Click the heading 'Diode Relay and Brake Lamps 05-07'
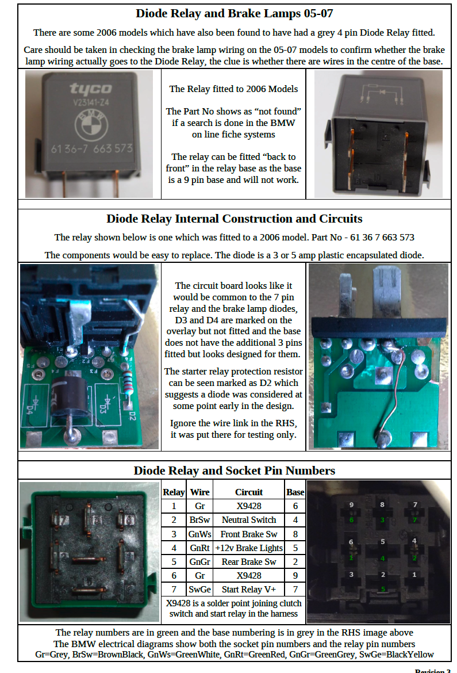[x=234, y=13]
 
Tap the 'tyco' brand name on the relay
[x=91, y=89]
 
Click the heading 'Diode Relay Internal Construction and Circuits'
[x=234, y=219]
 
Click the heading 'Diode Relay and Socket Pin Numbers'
[x=234, y=470]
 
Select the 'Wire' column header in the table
[x=199, y=492]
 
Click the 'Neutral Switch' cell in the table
[x=249, y=520]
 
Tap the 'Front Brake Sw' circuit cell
[x=249, y=534]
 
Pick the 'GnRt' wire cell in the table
[x=199, y=548]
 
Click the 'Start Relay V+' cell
[x=249, y=590]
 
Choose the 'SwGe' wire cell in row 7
[x=199, y=590]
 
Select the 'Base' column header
[x=295, y=492]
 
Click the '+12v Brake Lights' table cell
[x=249, y=548]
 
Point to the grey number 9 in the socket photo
[x=351, y=504]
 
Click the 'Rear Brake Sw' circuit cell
[x=249, y=562]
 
